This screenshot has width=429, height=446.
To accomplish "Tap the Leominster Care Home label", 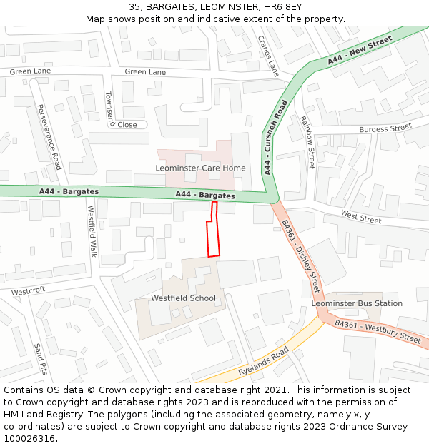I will (x=200, y=168).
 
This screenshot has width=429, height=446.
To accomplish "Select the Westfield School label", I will (x=183, y=298).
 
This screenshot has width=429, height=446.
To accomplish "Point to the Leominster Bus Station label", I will (x=357, y=303).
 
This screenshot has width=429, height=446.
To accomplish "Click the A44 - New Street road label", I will (x=360, y=51).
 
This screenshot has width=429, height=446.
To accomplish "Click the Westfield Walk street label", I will (x=92, y=231).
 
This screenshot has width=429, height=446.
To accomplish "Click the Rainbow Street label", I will (x=307, y=143).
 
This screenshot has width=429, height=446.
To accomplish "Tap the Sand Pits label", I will (x=40, y=359).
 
